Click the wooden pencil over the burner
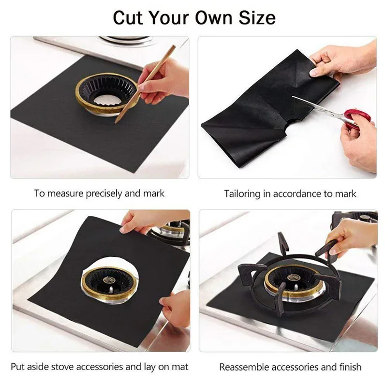click(145, 82)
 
